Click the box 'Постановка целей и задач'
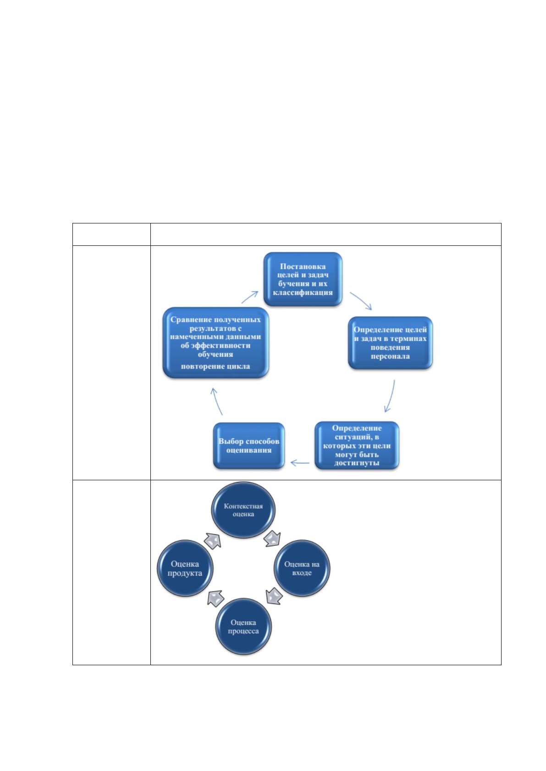[303, 279]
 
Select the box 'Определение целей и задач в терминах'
[390, 343]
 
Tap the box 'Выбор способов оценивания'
[249, 446]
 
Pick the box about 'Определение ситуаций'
[357, 445]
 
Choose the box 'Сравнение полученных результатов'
[215, 343]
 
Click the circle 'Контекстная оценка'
[243, 510]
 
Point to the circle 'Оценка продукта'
[185, 568]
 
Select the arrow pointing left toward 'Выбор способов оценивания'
[299, 463]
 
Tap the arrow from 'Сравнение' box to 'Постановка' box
[250, 297]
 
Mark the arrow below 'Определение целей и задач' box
[390, 396]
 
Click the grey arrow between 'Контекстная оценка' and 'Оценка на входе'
[272, 539]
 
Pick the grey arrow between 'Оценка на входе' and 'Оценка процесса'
[274, 596]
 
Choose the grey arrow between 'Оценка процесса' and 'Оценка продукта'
[216, 598]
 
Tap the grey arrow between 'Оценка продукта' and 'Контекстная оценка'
[212, 541]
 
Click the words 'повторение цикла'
[215, 366]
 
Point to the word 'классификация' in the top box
[303, 293]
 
